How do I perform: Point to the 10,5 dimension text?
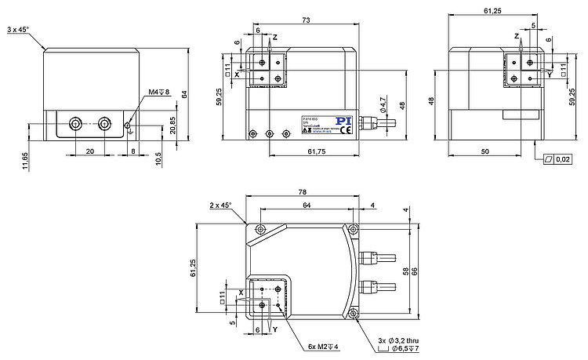(159, 158)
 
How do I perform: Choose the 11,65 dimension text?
(25, 160)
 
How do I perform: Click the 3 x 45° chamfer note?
(18, 29)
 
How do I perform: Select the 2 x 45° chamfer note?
(222, 205)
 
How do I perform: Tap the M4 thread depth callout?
(159, 93)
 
